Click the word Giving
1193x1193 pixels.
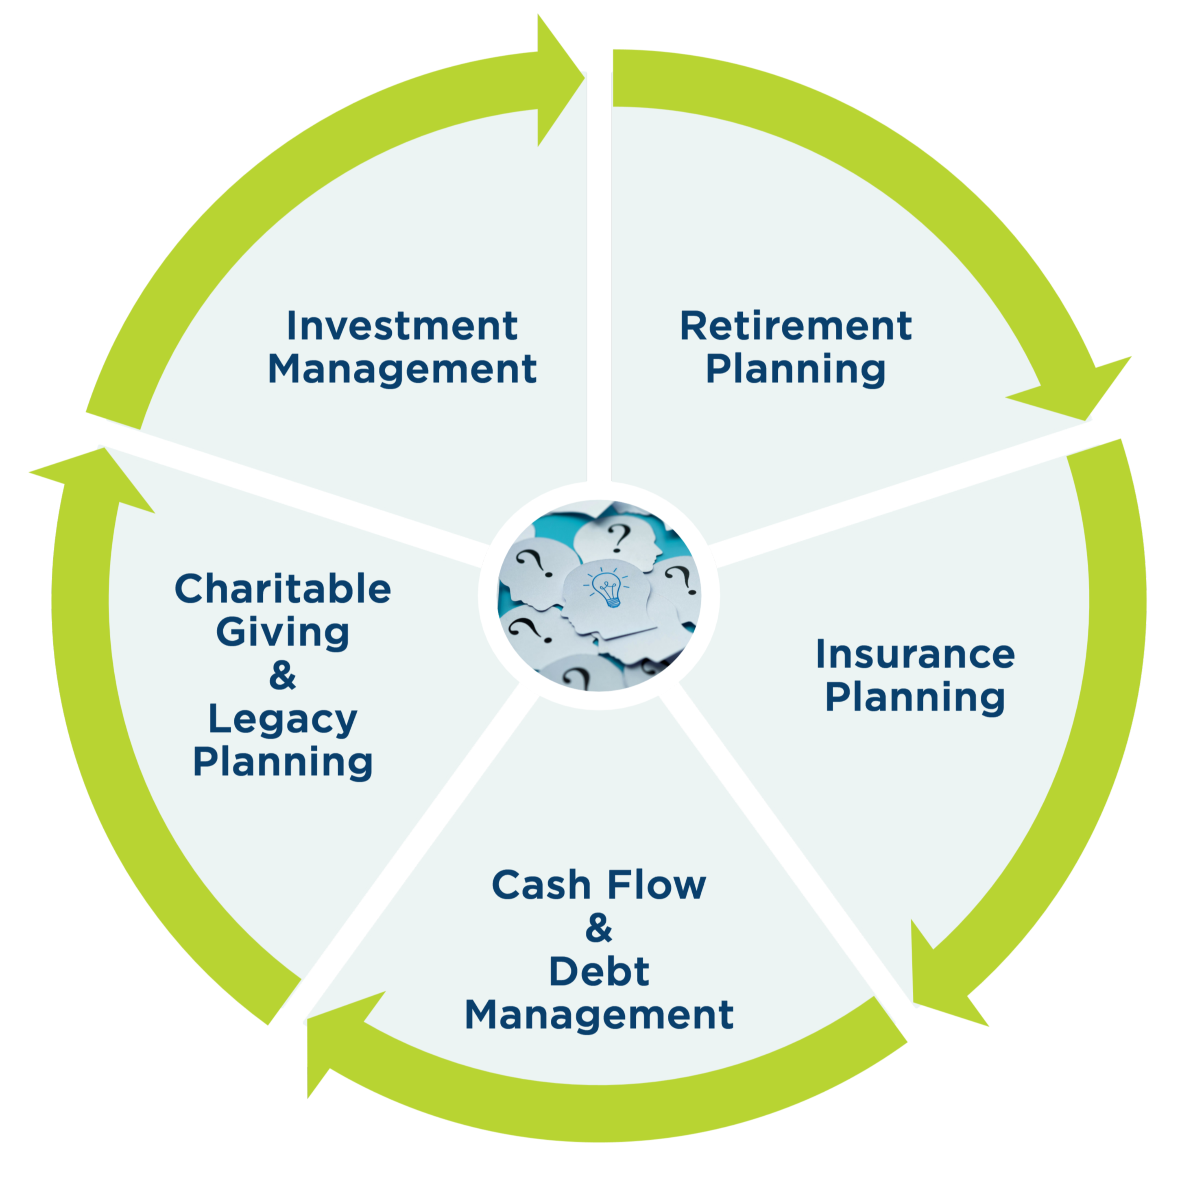(283, 633)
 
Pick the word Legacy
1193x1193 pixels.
(283, 720)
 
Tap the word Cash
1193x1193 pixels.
(541, 884)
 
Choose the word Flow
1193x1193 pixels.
(657, 884)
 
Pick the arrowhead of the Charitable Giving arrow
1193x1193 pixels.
(93, 479)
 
